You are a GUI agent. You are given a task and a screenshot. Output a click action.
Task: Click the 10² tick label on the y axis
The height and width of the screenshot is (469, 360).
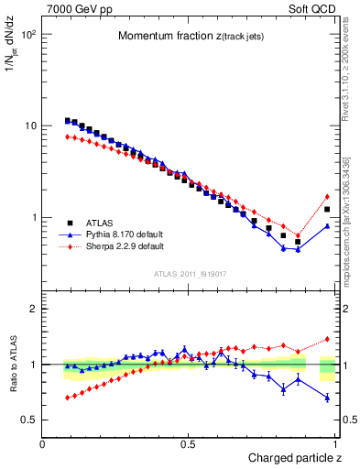28,34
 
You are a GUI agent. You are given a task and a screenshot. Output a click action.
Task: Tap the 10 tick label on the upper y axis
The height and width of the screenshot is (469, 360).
30,125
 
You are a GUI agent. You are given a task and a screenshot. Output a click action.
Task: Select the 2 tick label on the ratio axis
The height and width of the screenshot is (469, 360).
33,309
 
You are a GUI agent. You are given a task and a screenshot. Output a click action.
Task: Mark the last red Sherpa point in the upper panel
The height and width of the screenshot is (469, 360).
327,196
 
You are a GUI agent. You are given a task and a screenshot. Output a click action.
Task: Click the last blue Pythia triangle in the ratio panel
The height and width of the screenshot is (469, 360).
327,398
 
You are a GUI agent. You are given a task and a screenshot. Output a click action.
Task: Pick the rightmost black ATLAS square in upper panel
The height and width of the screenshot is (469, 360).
327,210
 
